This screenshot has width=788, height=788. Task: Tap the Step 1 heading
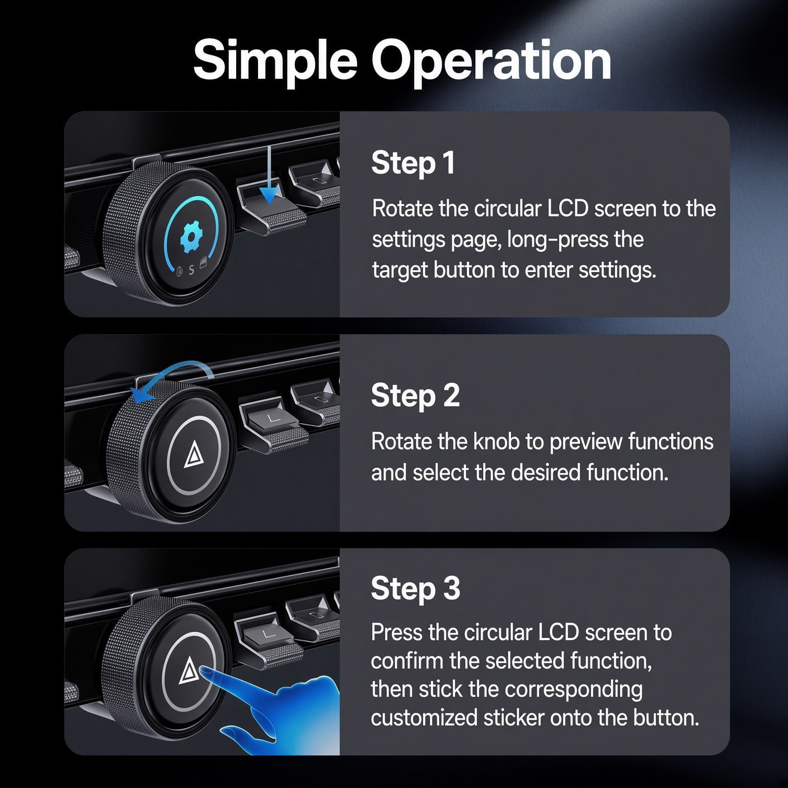click(x=413, y=163)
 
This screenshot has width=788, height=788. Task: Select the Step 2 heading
click(x=415, y=396)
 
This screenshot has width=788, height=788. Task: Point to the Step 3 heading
click(x=415, y=588)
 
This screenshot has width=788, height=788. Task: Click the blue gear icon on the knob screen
click(x=191, y=237)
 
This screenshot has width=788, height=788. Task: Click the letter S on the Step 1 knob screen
click(x=191, y=270)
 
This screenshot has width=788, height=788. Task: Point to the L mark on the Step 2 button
click(x=273, y=418)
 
